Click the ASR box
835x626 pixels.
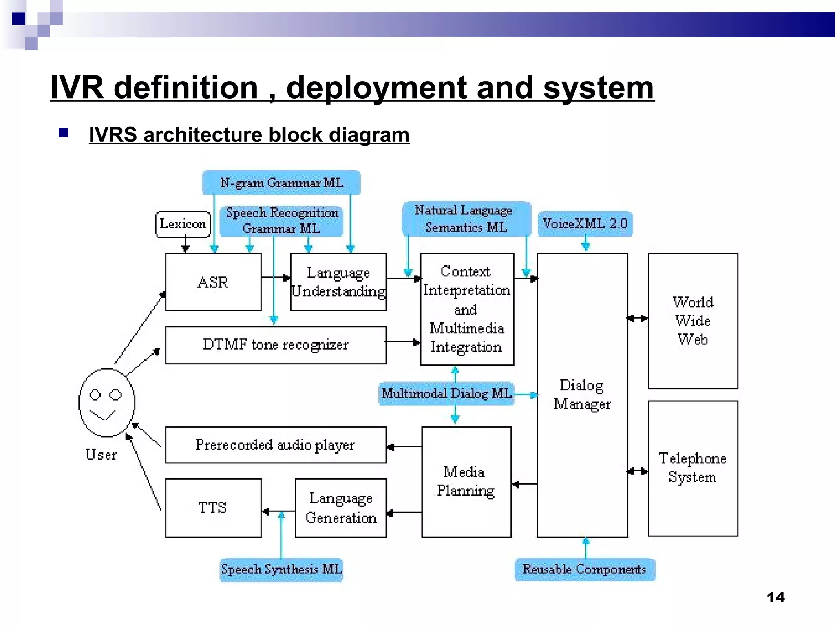coord(213,282)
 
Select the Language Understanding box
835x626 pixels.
coord(338,282)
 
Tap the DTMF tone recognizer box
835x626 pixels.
coord(276,345)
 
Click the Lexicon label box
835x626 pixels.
coord(183,224)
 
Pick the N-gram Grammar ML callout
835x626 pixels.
coord(281,183)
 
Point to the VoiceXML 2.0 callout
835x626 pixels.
coord(585,224)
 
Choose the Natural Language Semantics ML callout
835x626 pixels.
coord(466,219)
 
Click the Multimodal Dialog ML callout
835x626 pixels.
coord(446,393)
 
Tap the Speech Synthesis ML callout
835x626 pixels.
coord(281,569)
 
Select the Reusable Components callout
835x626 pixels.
coord(584,569)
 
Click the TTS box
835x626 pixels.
coord(213,508)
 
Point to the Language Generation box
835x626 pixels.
coord(340,508)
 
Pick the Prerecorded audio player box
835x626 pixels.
coord(276,445)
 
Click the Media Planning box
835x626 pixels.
coord(466,482)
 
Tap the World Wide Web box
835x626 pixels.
coord(693,321)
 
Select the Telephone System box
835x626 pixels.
coord(693,468)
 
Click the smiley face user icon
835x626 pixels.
coord(106,403)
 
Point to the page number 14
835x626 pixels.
coord(775,597)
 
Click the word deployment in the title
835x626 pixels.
coord(377,88)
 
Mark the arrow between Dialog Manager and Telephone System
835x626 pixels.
coord(638,471)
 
